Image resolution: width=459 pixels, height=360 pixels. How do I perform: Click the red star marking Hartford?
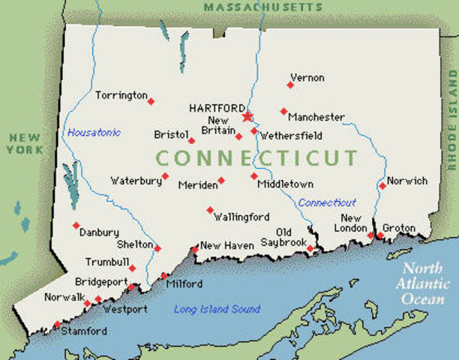(247, 116)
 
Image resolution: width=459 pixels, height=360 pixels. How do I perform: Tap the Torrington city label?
(121, 95)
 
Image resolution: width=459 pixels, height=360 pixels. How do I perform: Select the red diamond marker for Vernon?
(290, 85)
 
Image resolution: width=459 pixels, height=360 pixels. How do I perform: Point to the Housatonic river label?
(94, 133)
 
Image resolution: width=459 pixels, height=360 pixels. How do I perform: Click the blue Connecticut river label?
(327, 202)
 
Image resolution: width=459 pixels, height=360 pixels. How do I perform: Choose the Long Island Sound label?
(217, 309)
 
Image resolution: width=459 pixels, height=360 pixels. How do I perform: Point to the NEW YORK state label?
(25, 144)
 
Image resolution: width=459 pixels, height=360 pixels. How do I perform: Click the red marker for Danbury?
(76, 225)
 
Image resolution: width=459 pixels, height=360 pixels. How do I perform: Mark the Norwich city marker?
(382, 185)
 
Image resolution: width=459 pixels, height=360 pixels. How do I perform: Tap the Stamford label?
(84, 331)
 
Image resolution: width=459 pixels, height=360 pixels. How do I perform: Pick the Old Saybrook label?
(283, 238)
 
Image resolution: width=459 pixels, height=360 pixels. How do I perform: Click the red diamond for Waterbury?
(165, 176)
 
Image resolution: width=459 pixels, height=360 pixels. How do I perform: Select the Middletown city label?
(285, 184)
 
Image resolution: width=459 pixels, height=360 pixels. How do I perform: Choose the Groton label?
(398, 228)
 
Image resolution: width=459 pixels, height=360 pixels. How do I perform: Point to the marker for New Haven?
(195, 248)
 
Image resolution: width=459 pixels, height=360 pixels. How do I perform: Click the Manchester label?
(316, 118)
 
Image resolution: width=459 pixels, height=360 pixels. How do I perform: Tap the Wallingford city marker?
(210, 210)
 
